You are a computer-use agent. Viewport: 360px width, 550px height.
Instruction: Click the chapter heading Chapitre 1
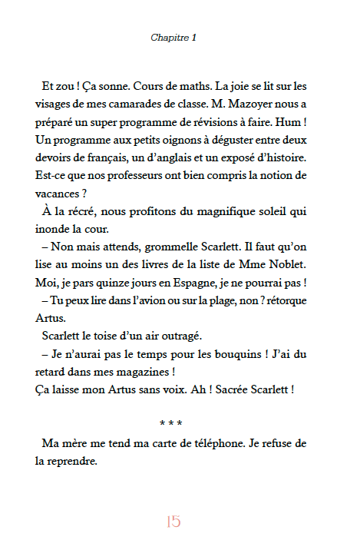(x=174, y=37)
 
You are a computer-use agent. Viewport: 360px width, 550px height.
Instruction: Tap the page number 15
(x=173, y=522)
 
